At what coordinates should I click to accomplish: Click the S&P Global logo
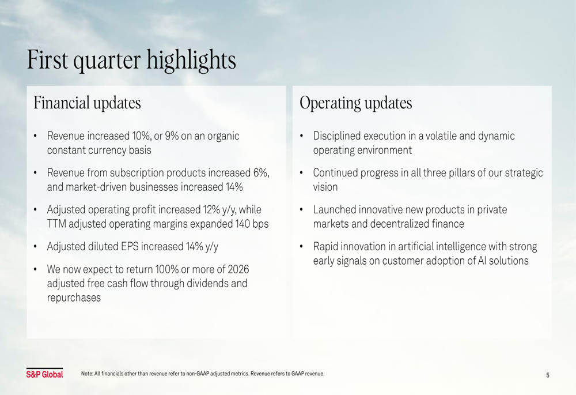(44, 373)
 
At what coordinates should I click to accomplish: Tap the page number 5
(547, 375)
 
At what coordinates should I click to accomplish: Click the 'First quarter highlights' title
(131, 60)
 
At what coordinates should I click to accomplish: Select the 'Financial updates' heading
(87, 103)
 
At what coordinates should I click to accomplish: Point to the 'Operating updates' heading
(355, 103)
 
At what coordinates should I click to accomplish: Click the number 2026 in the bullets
(238, 269)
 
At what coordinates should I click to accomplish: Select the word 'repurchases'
(74, 298)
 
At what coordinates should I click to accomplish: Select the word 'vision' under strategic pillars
(325, 187)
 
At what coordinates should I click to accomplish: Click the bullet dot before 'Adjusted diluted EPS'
(35, 246)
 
